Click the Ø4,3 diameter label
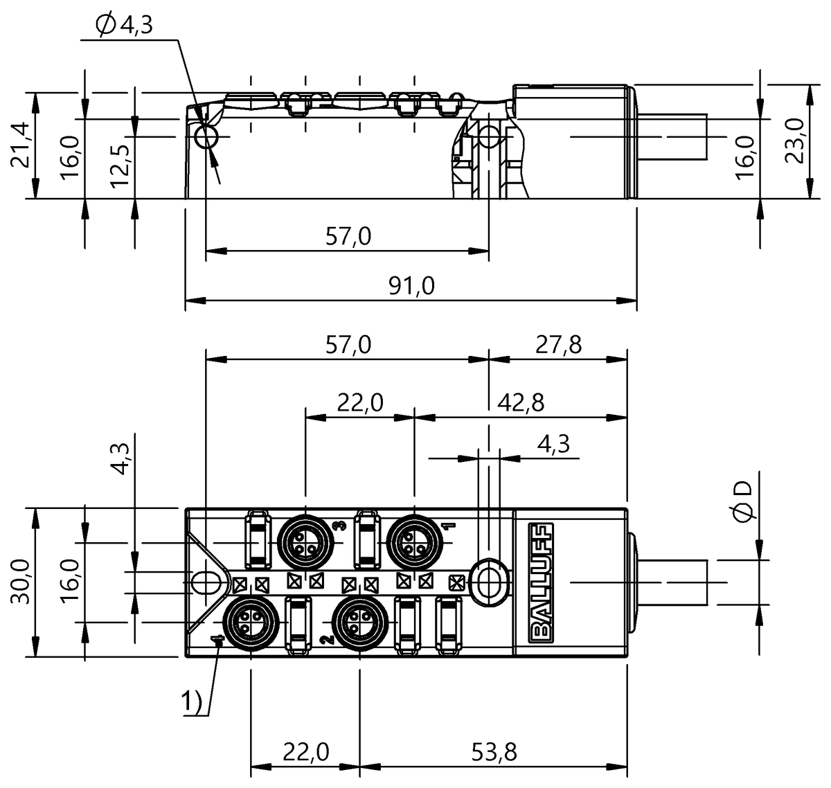pyautogui.click(x=125, y=26)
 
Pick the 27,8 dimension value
pyautogui.click(x=558, y=344)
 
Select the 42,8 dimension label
pyautogui.click(x=519, y=402)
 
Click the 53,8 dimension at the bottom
pyautogui.click(x=494, y=751)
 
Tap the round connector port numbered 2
pyautogui.click(x=358, y=618)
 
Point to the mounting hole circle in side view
pyautogui.click(x=206, y=137)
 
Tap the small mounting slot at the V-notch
pyautogui.click(x=205, y=582)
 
